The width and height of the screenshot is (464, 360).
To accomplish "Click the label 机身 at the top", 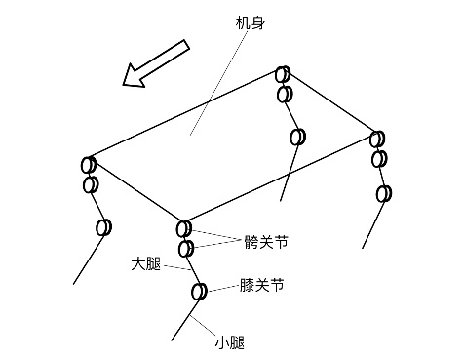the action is tap(250, 22).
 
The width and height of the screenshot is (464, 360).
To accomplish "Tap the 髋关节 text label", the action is tap(266, 242).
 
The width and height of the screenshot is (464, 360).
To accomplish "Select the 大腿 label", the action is tap(146, 263).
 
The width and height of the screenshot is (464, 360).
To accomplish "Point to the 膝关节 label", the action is tap(262, 285).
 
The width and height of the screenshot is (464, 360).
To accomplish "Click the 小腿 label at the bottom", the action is tap(230, 342).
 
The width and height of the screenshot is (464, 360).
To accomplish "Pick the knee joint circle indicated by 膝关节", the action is tap(199, 292).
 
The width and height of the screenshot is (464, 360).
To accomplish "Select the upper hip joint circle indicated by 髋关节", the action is tap(184, 228).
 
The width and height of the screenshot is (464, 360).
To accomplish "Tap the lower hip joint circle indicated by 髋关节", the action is tap(186, 249).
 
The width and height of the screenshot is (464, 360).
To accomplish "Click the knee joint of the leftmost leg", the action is tap(103, 227).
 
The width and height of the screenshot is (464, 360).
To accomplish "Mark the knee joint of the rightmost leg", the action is tap(384, 193).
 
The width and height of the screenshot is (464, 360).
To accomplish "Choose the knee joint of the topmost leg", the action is tap(297, 137).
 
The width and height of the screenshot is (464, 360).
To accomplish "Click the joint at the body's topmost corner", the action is tap(283, 74).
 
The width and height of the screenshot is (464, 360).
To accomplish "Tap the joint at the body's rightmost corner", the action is tap(377, 139).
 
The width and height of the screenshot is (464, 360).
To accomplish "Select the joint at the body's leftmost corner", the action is tap(89, 165).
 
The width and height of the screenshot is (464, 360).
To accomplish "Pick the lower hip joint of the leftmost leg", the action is tap(91, 184).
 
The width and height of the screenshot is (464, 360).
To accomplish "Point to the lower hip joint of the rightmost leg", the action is tap(379, 159).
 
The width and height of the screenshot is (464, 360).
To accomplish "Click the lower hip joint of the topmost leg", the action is tap(285, 95).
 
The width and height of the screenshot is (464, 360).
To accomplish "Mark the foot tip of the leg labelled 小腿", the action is tap(172, 340).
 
